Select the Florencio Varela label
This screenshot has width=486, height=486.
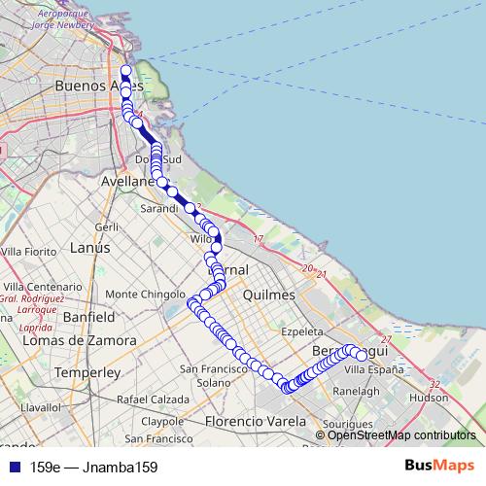(x=255, y=421)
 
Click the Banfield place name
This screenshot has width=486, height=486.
(x=88, y=318)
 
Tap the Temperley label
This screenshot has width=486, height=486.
(x=87, y=372)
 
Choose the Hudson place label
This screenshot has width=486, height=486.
(x=429, y=398)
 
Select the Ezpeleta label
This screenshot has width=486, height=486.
(x=301, y=331)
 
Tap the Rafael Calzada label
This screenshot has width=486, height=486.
(x=153, y=399)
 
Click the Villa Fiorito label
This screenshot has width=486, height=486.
(x=30, y=252)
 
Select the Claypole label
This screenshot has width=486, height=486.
(x=162, y=422)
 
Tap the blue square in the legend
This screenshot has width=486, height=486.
(x=12, y=467)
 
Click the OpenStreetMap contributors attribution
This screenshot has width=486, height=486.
(x=401, y=435)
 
